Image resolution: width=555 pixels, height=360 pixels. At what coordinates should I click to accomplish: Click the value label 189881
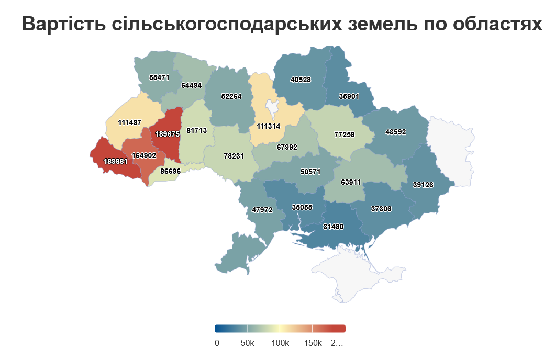115,162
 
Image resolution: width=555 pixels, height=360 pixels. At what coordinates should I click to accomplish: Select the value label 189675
168,134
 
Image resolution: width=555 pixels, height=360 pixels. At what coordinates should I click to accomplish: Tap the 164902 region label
144,155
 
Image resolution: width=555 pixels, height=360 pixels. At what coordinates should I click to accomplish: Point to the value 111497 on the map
130,122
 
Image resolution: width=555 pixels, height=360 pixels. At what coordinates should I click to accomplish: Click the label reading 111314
269,127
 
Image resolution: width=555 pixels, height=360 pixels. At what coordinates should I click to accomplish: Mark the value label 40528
301,80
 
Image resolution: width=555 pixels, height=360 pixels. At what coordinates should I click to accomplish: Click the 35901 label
349,97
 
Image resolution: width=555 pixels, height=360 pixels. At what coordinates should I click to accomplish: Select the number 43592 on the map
395,132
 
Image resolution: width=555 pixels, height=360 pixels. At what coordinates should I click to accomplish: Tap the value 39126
423,185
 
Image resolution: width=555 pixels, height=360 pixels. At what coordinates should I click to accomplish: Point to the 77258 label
344,134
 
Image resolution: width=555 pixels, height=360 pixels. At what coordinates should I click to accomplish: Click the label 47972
262,210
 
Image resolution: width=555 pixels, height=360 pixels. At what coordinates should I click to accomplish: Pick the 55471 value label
159,77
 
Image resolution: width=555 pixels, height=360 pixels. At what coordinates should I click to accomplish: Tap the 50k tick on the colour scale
247,343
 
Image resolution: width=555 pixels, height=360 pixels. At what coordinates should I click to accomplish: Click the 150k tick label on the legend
313,343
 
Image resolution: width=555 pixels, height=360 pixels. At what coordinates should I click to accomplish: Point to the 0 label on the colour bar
217,343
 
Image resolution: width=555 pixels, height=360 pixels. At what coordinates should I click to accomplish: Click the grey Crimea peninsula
361,275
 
